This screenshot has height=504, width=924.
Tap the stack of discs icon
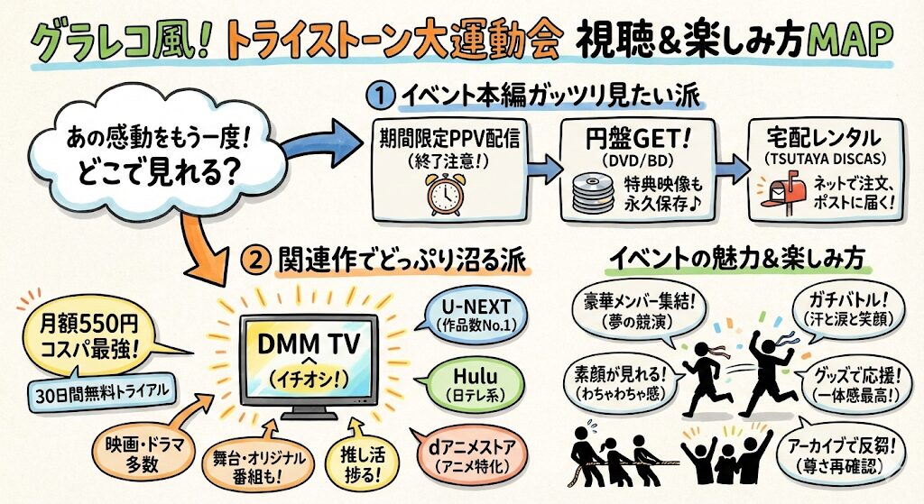(x=590, y=192)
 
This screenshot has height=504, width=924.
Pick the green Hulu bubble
(x=468, y=382)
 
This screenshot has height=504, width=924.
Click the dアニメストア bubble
(x=470, y=451)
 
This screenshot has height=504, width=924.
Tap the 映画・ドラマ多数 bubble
(x=135, y=452)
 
